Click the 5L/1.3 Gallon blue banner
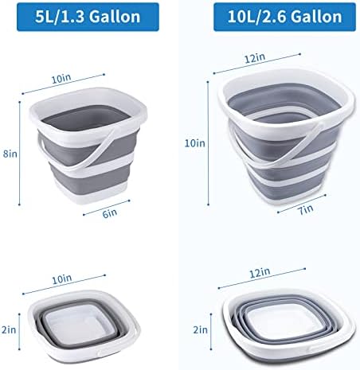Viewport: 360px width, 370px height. (x=88, y=17)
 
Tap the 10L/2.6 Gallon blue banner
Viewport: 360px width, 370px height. (x=284, y=17)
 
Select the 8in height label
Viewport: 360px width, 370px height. (x=10, y=154)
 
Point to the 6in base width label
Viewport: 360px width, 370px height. (x=110, y=213)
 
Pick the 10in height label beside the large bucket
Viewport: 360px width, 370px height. (x=195, y=143)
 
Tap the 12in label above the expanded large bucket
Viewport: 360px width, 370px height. (x=255, y=58)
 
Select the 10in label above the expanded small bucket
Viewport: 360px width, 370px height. (x=61, y=79)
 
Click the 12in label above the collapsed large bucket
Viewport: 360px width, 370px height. (x=260, y=273)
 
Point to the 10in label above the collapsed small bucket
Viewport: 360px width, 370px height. (x=62, y=279)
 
